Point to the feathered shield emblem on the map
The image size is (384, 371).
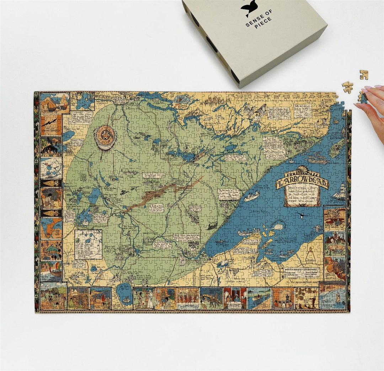pos(105,137)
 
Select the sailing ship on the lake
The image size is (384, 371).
pos(339,193)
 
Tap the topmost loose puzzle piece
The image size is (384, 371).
pos(363,74)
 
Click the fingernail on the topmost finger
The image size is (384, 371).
pos(378,86)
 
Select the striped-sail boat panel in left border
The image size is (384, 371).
pos(51,271)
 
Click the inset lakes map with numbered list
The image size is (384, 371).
pos(88,244)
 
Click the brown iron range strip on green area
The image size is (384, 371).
pos(164,193)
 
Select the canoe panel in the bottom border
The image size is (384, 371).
pos(258,298)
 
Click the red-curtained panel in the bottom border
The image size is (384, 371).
pos(235,298)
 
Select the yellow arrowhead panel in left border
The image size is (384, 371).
pos(51,183)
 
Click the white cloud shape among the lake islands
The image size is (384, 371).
pos(278,226)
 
